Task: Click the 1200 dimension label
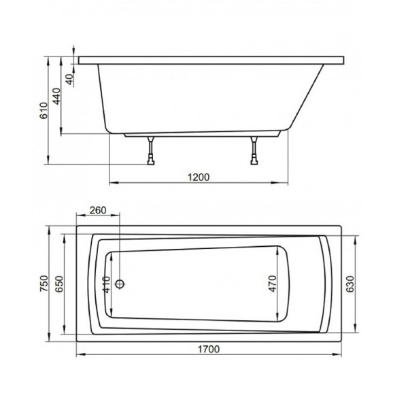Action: tap(199, 177)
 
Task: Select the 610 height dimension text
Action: tap(43, 110)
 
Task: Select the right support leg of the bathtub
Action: tap(254, 148)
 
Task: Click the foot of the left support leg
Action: tap(150, 162)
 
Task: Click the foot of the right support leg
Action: tap(254, 162)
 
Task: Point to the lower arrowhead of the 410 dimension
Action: tap(113, 317)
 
